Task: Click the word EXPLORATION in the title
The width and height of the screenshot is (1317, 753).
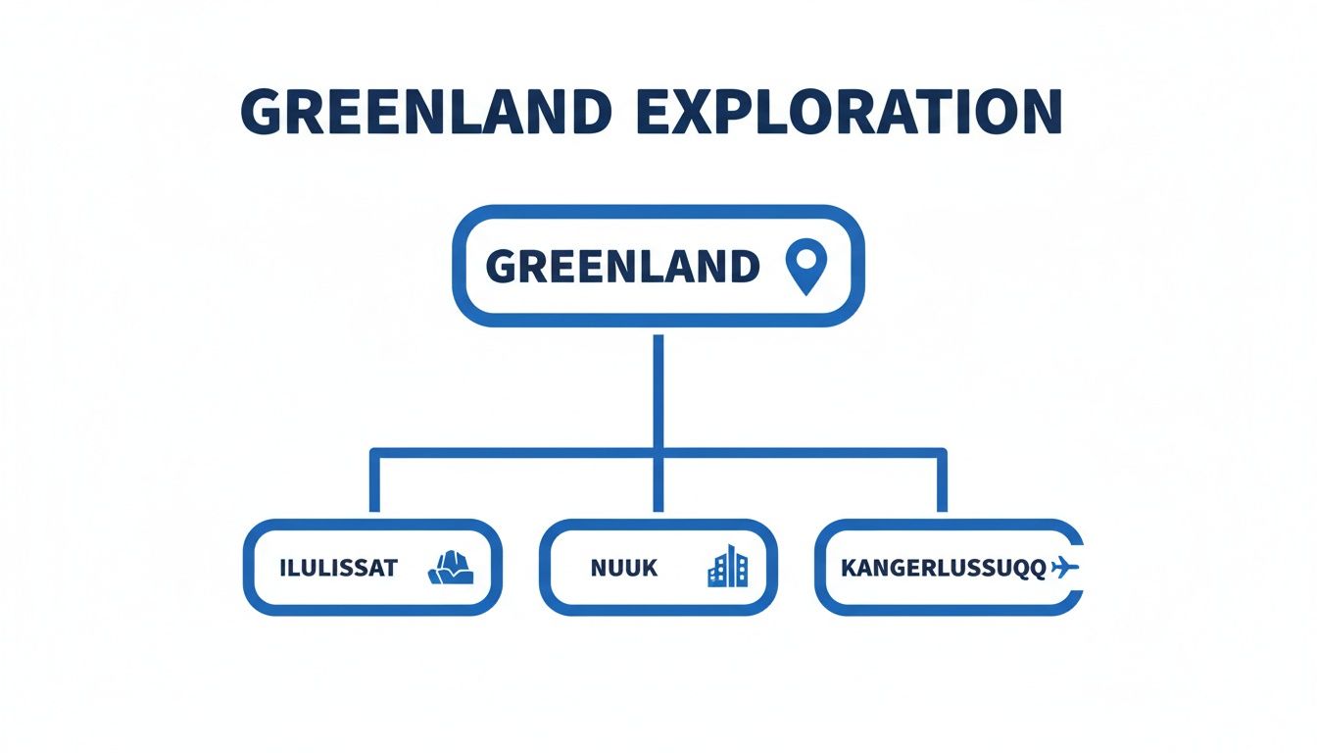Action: pyautogui.click(x=849, y=111)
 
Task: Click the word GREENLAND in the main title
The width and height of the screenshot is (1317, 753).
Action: pyautogui.click(x=427, y=111)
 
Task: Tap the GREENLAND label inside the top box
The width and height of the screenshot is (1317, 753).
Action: pyautogui.click(x=622, y=267)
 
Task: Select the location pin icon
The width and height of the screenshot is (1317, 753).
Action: pyautogui.click(x=806, y=266)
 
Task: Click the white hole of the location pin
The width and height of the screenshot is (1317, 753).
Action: pyautogui.click(x=806, y=258)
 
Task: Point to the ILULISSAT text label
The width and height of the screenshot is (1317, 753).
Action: pyautogui.click(x=339, y=569)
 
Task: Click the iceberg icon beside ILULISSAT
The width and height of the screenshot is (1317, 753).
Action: pyautogui.click(x=451, y=568)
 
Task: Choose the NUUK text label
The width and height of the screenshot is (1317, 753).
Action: pyautogui.click(x=624, y=569)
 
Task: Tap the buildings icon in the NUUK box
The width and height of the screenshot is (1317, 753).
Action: pyautogui.click(x=728, y=566)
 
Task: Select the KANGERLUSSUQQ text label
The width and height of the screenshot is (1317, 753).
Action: pyautogui.click(x=944, y=569)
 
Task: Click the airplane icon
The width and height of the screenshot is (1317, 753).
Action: pyautogui.click(x=1064, y=569)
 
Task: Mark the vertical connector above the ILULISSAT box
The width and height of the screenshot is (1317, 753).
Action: pyautogui.click(x=374, y=480)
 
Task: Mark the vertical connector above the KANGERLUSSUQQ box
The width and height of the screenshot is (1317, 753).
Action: pyautogui.click(x=942, y=480)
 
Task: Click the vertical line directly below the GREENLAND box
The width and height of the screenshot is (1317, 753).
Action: pyautogui.click(x=658, y=391)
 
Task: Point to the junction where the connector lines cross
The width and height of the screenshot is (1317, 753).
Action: pyautogui.click(x=658, y=453)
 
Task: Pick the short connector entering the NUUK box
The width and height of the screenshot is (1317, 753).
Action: pyautogui.click(x=658, y=485)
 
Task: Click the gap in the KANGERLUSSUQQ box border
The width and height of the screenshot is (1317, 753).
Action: pyautogui.click(x=1080, y=568)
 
